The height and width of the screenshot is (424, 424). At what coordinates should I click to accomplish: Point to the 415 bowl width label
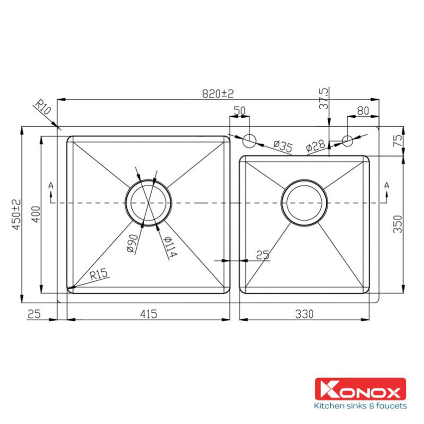coord(149,314)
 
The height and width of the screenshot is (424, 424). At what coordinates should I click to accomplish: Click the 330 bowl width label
coord(304,314)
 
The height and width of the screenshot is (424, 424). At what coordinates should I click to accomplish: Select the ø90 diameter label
coord(131,244)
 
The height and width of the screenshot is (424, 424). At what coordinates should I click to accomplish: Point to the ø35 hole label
coord(282,146)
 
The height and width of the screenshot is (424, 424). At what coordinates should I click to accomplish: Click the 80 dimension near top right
coord(363,111)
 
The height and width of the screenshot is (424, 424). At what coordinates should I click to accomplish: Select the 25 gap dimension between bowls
coord(262,255)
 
